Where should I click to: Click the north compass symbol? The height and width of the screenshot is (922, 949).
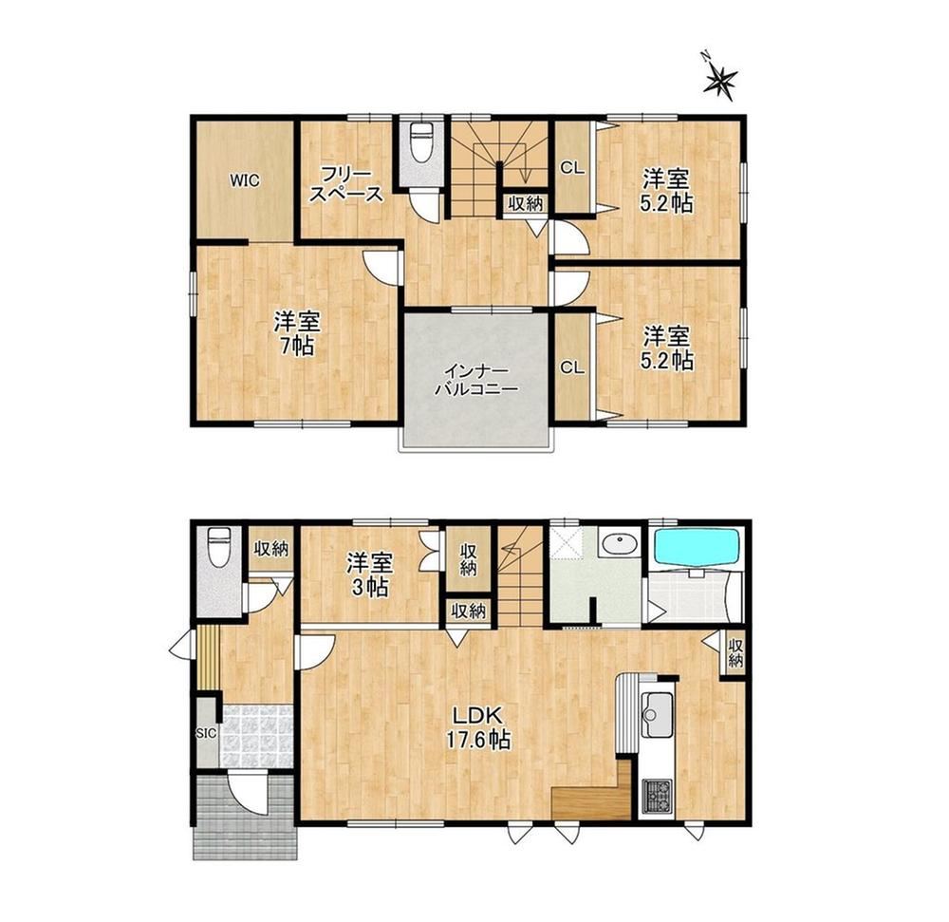[720, 78]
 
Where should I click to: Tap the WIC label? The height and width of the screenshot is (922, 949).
[245, 180]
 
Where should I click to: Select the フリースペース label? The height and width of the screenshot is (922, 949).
[346, 184]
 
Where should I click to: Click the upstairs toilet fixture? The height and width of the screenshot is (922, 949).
[420, 142]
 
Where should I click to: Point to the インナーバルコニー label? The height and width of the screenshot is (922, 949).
[476, 379]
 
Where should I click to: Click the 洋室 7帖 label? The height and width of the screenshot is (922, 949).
[296, 333]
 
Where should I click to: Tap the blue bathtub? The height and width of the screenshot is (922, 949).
[697, 549]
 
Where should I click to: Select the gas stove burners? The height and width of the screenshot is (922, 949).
[658, 796]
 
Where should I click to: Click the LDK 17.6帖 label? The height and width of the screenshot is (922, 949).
[478, 727]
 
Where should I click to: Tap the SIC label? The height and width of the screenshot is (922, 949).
[206, 733]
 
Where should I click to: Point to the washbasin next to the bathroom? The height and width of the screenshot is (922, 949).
[619, 544]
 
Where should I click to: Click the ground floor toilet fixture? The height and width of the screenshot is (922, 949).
[218, 547]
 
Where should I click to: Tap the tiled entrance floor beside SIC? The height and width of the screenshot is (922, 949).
[258, 736]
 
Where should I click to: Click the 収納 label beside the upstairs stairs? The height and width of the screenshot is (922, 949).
[526, 204]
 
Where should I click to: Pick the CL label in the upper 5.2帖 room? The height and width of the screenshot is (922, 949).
[572, 169]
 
